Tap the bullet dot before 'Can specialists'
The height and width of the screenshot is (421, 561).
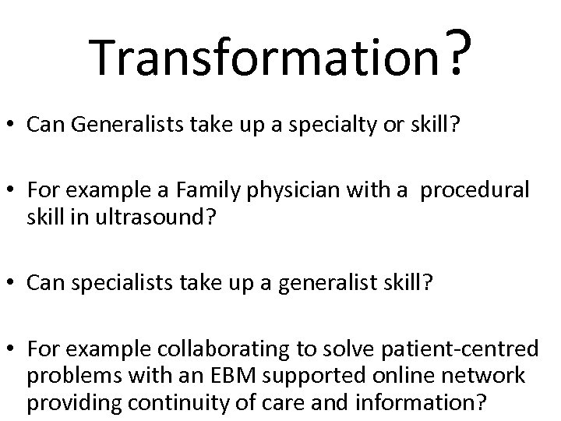(14, 283)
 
